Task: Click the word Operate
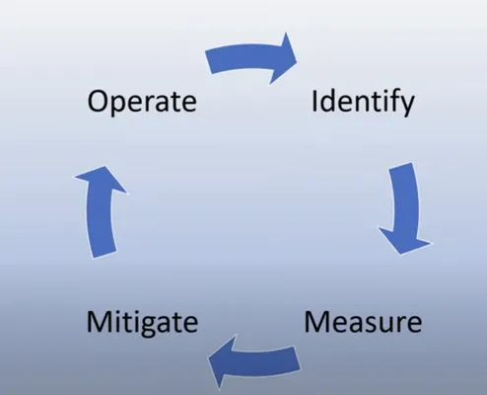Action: [x=142, y=102]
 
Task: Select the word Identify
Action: [x=363, y=102]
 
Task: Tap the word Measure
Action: [x=363, y=322]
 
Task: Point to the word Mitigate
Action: [x=142, y=324]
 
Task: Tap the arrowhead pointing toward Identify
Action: [x=283, y=58]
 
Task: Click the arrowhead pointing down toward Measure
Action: [x=405, y=240]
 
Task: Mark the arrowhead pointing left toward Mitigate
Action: [x=223, y=361]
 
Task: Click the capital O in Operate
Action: [x=99, y=102]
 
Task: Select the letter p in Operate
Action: [x=122, y=106]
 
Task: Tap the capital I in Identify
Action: [x=313, y=101]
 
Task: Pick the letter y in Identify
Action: [x=406, y=107]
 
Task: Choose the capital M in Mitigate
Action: [x=99, y=321]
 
